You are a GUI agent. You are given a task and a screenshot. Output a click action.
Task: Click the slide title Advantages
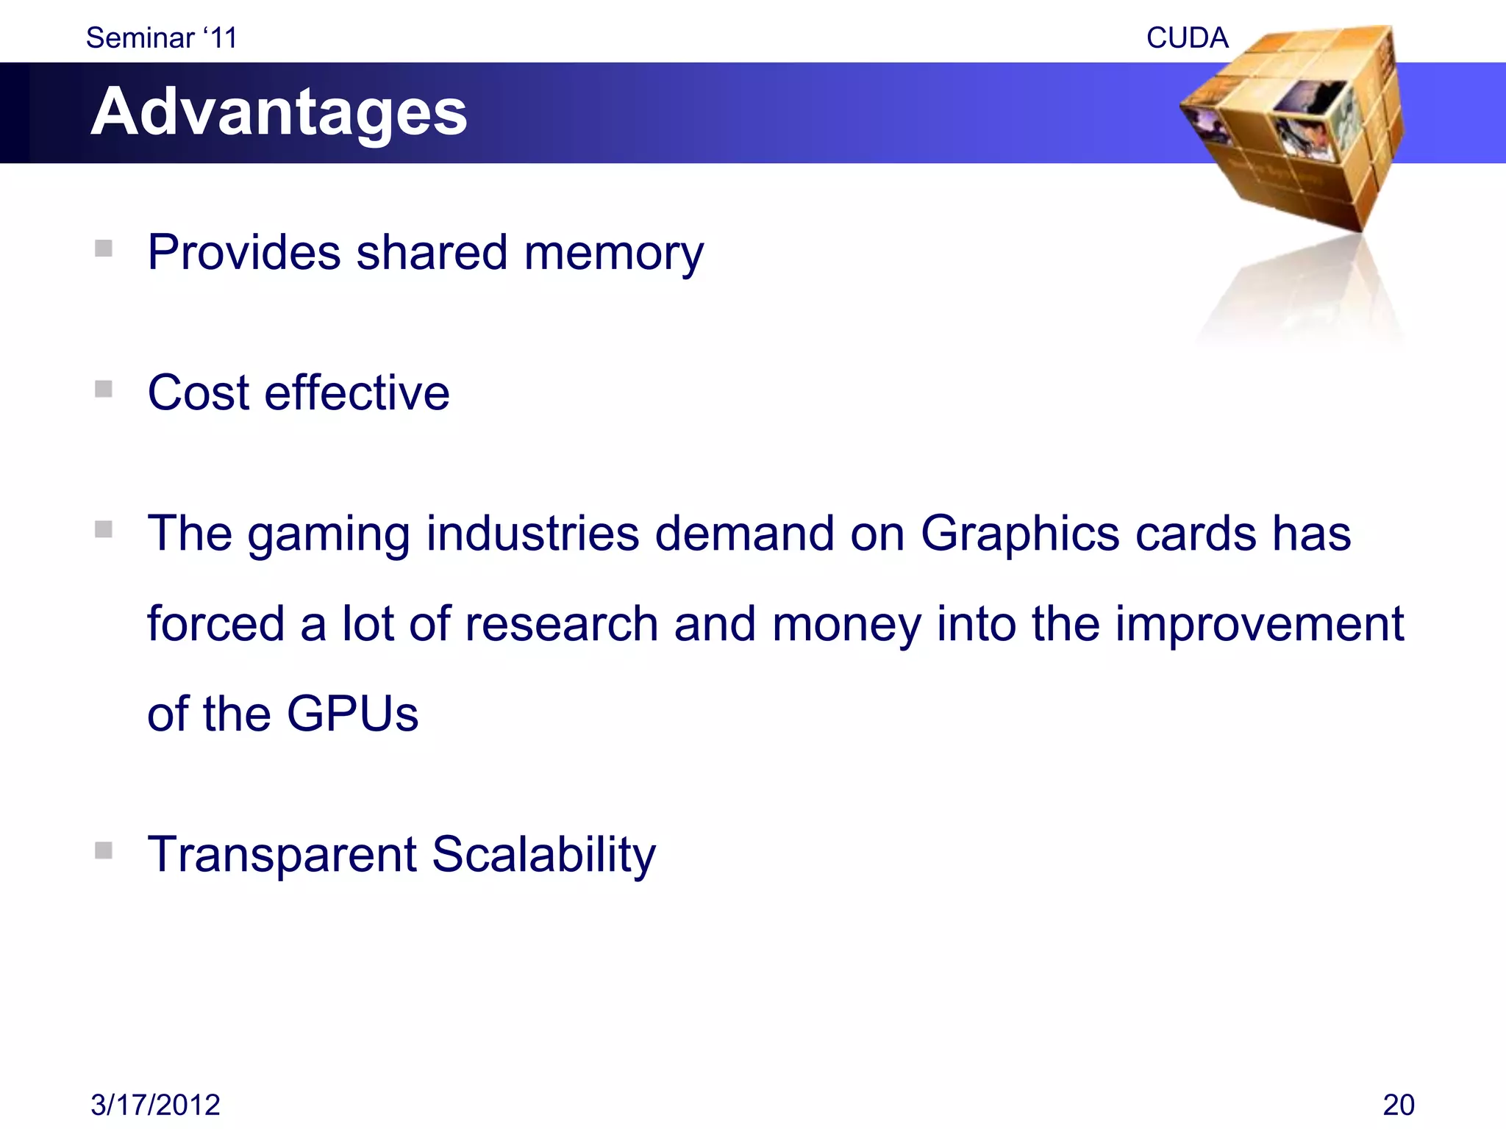point(279,112)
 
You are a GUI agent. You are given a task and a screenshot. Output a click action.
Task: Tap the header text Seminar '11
point(162,38)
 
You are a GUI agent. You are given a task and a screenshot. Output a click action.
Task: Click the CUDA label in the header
point(1187,38)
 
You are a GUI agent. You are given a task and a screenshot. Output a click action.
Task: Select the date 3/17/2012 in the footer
point(155,1105)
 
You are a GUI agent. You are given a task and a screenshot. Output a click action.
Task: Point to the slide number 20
point(1398,1105)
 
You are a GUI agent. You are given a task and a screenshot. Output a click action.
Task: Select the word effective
point(357,393)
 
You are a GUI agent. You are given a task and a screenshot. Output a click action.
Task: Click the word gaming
point(329,535)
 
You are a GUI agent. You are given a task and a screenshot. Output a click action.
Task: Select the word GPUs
point(352,714)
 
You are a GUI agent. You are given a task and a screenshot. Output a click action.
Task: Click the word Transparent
point(282,856)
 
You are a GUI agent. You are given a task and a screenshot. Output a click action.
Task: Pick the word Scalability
point(543,856)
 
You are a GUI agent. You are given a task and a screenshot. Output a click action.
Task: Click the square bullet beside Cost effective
point(104,389)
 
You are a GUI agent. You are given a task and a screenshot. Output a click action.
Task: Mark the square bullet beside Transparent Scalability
point(104,850)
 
